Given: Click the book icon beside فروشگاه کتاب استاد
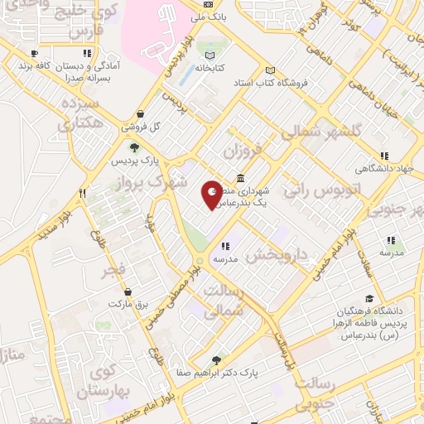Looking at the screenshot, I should [268, 70].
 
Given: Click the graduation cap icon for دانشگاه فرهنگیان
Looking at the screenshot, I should [369, 300].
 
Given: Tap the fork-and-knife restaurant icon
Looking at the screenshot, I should [82, 194].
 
